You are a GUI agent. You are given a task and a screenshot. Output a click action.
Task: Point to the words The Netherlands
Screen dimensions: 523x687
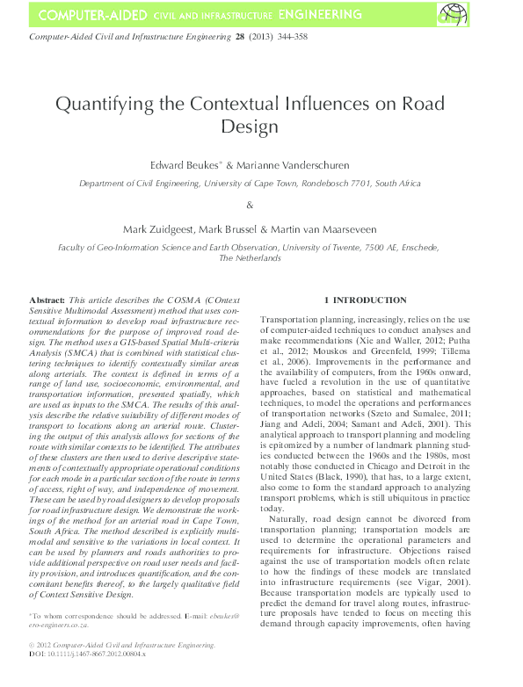coord(250,259)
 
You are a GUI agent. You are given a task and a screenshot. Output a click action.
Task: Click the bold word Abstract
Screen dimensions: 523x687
coord(47,300)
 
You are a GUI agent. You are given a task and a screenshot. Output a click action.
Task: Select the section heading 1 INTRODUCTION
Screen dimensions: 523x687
coord(365,300)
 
